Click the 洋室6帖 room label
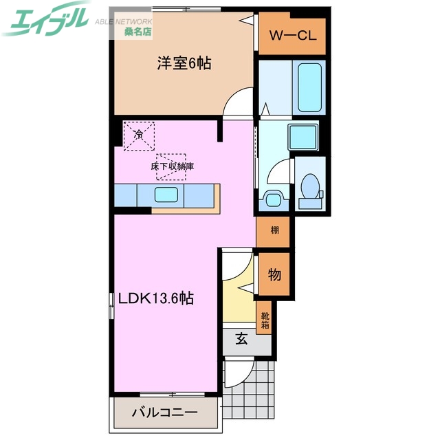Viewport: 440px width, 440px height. point(184,64)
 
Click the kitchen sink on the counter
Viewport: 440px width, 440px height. point(168,195)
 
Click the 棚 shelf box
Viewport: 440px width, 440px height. point(274,231)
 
